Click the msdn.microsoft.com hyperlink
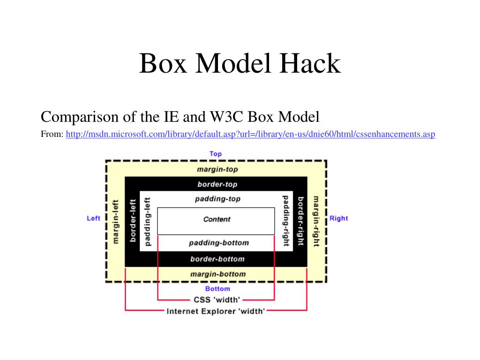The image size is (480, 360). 251,135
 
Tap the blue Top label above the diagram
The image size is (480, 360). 216,154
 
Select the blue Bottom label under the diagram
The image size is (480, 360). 217,289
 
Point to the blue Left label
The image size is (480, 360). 94,218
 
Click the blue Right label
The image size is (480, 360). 338,218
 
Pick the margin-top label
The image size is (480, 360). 217,169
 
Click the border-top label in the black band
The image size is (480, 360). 217,184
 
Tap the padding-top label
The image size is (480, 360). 217,199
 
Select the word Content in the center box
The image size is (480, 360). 217,219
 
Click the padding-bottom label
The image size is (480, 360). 218,243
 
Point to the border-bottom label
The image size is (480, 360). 217,259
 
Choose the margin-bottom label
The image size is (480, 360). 217,274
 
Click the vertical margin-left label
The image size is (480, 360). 116,221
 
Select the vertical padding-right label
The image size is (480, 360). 285,221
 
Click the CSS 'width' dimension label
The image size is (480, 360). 217,300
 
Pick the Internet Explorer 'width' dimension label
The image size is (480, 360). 216,311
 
